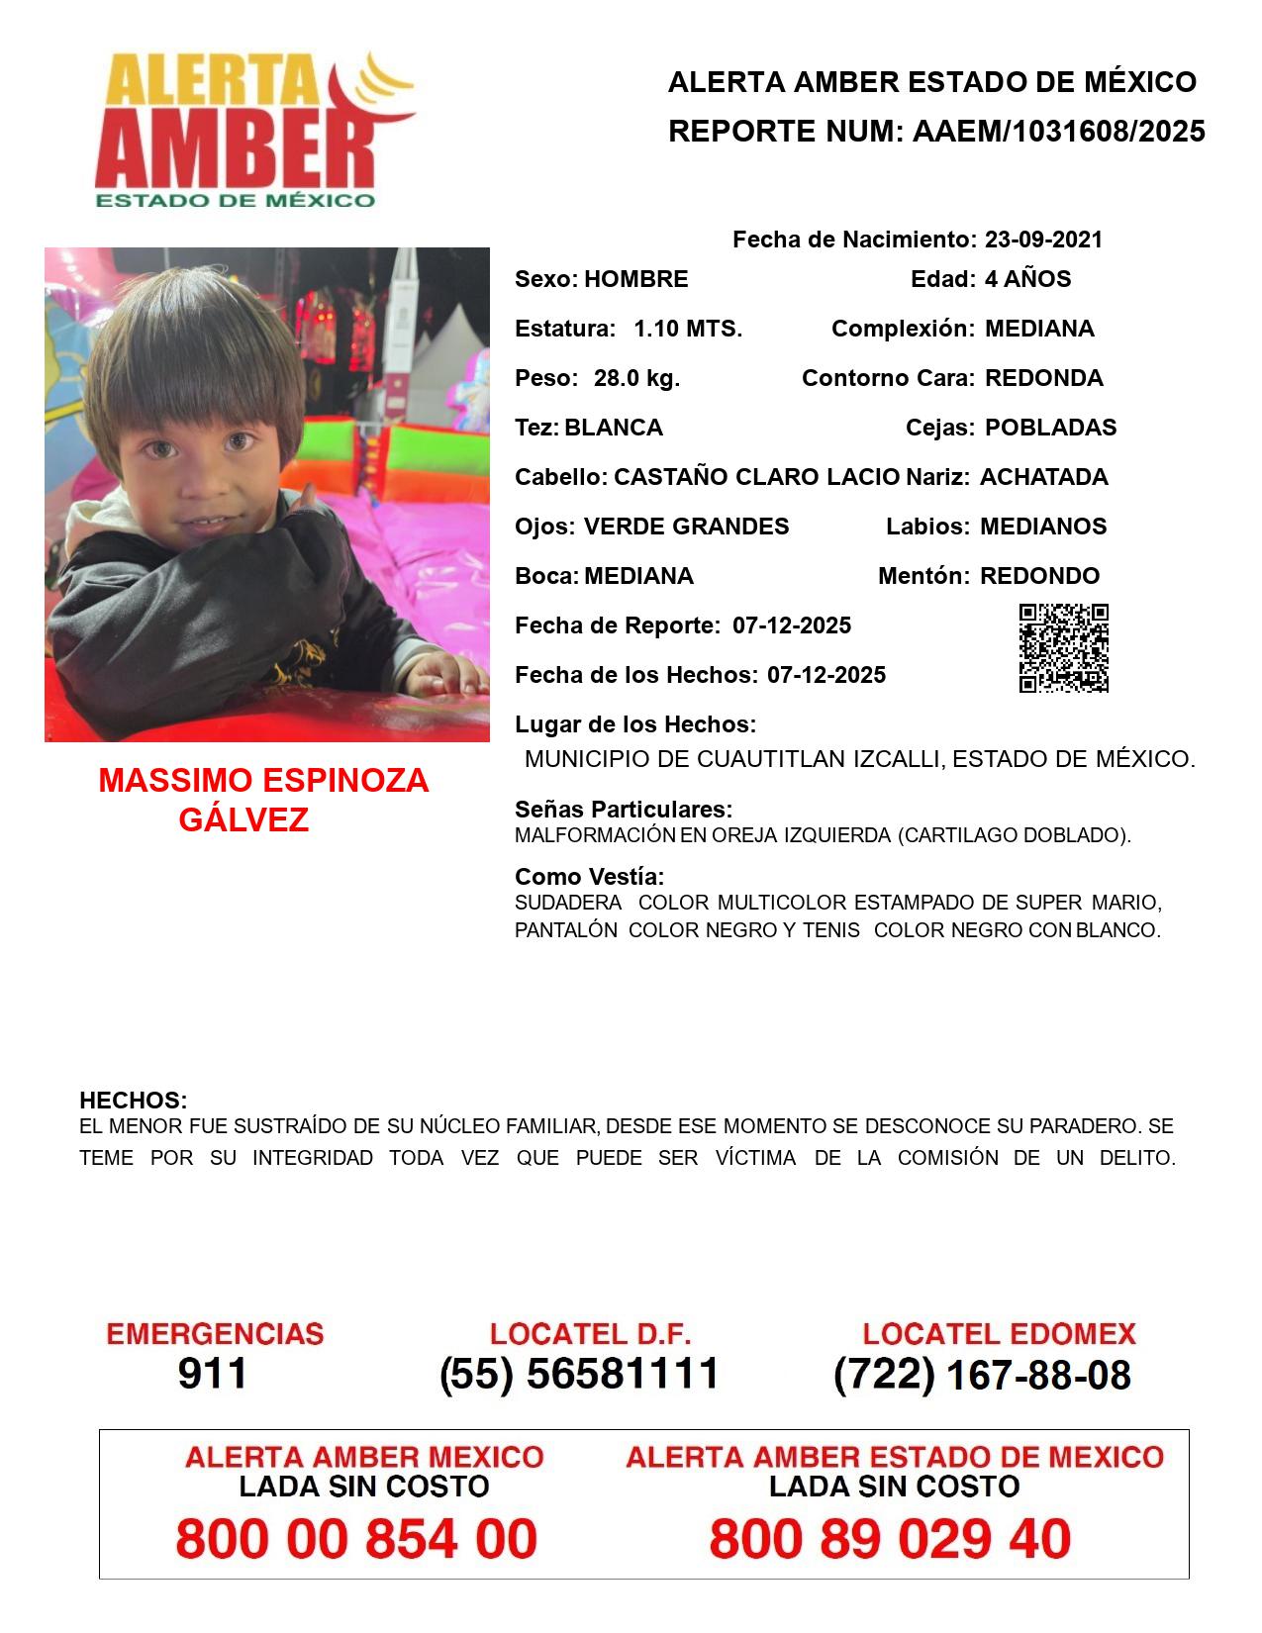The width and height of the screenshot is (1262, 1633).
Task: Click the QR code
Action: coord(1064,648)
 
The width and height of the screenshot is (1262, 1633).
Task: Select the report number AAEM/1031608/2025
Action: coord(1058,132)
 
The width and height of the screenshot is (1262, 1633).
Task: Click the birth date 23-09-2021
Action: coord(1043,240)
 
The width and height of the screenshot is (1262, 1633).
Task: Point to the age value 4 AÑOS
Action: coord(1027,279)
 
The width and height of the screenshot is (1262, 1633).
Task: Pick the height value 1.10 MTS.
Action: coord(688,329)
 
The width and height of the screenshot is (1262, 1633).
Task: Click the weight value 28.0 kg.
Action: coord(636,378)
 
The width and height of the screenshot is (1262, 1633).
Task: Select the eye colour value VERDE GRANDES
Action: coord(686,527)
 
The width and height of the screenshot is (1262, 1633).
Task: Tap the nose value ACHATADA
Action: coord(1043,477)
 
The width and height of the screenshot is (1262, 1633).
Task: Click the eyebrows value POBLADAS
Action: coord(1050,428)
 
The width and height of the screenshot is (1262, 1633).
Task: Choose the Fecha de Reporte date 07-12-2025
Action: coord(792,625)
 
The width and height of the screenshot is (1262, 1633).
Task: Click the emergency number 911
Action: coord(213,1374)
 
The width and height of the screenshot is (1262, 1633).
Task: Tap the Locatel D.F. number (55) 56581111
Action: coord(579,1374)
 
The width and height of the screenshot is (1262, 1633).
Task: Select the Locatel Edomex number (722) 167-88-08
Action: coord(982,1375)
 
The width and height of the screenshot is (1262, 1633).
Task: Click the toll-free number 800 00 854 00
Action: coord(356,1539)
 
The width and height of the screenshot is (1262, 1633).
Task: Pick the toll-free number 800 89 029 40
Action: coord(890,1539)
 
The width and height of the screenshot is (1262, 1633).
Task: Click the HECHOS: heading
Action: coord(133,1101)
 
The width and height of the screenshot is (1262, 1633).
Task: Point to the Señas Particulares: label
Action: coord(624,810)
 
